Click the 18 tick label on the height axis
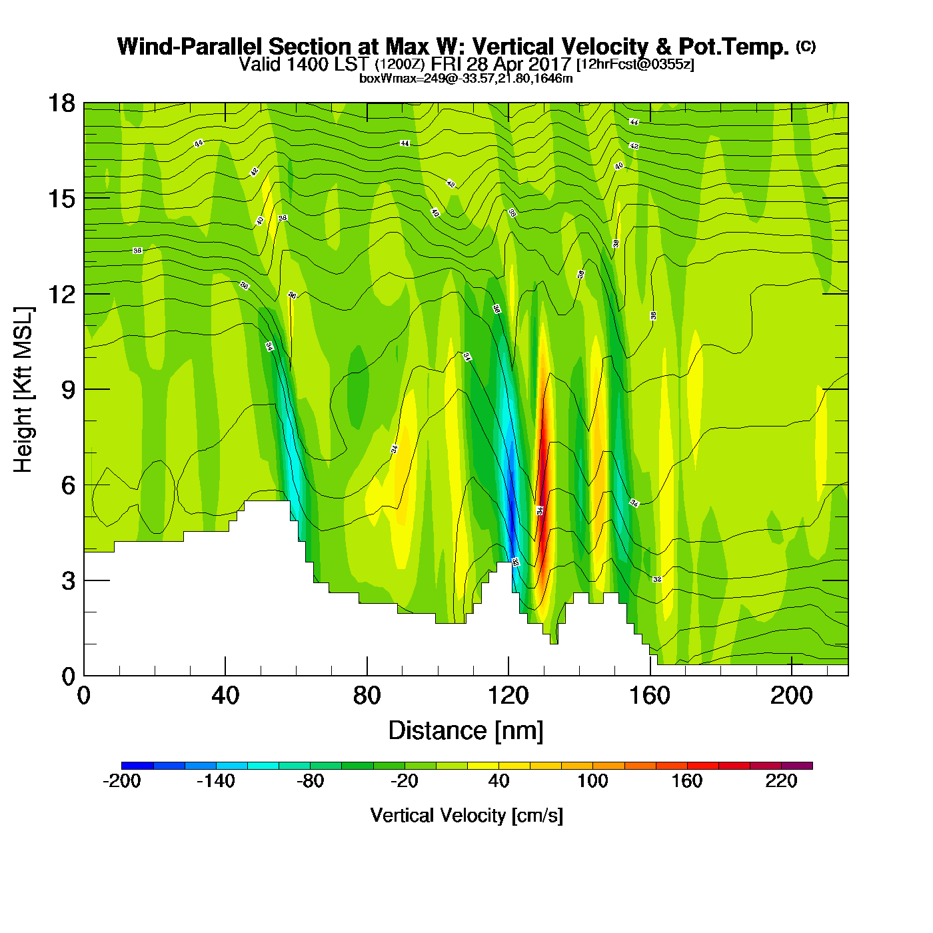coord(61,103)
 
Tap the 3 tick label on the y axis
coord(68,580)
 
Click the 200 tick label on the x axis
coord(791,696)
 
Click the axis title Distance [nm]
coord(466,731)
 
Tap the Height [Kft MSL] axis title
coord(23,390)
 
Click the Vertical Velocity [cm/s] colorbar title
coord(467,815)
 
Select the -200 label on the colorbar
coord(122,781)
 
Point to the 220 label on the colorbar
coord(781,781)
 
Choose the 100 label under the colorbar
coord(592,781)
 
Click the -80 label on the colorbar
coord(310,781)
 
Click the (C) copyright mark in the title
coord(805,46)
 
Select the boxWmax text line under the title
coord(466,79)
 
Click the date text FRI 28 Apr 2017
coord(501,64)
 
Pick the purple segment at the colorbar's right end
coord(797,766)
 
